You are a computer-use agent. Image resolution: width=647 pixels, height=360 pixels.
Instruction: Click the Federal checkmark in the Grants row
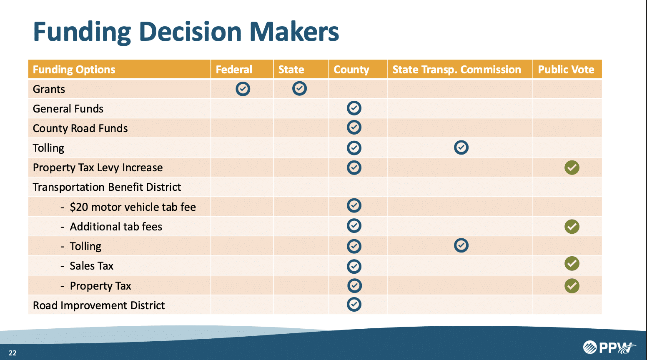tap(243, 89)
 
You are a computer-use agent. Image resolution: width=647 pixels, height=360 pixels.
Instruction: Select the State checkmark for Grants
tap(299, 88)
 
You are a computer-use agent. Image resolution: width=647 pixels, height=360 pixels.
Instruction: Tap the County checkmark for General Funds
tap(354, 108)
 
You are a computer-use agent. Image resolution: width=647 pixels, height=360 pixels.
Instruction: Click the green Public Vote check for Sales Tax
tap(572, 263)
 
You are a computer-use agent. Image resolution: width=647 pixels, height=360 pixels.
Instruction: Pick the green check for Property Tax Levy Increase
tap(572, 167)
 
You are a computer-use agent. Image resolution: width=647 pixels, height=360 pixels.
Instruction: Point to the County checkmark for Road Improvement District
tap(354, 304)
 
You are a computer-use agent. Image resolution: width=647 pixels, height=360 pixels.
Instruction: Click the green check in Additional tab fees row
tap(572, 226)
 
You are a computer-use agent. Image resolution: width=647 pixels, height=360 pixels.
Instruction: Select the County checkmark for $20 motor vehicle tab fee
tap(354, 205)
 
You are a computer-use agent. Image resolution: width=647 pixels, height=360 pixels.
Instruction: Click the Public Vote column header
tap(566, 69)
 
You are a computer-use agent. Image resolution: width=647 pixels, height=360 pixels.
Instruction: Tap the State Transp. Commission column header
tap(456, 70)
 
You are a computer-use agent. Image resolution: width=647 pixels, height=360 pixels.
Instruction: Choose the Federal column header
tap(234, 69)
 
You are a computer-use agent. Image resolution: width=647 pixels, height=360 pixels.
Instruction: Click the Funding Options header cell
tap(74, 70)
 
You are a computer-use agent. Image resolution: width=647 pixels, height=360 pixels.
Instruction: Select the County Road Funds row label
tap(80, 128)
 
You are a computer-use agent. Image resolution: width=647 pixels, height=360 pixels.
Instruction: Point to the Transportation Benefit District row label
tap(107, 187)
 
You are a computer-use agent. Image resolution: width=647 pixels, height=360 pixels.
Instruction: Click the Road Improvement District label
tap(98, 305)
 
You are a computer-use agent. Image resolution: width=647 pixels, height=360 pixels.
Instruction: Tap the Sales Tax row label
tap(92, 266)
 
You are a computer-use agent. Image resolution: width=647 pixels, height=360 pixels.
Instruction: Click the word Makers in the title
tap(294, 32)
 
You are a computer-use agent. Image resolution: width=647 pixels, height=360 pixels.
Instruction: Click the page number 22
tap(13, 353)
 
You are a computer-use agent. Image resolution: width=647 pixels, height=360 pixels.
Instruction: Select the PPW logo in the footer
tap(609, 347)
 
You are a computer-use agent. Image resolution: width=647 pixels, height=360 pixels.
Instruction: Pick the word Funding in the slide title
tap(82, 32)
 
